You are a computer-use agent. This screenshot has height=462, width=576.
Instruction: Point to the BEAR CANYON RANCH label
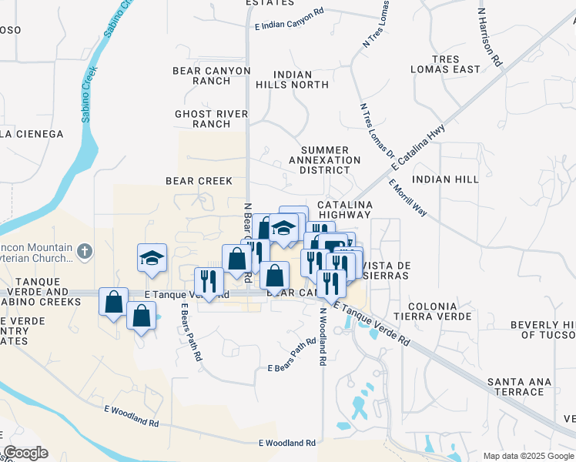212,75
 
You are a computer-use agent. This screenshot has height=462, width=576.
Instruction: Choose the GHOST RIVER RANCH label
212,119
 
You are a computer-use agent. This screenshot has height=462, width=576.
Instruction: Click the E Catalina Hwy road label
418,147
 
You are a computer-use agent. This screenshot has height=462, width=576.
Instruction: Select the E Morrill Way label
408,198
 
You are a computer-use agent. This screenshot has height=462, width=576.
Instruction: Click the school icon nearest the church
152,259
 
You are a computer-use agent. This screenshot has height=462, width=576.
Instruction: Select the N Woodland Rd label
323,335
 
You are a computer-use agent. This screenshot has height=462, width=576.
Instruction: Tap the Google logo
25,454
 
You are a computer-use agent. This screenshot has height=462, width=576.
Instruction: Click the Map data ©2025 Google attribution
528,456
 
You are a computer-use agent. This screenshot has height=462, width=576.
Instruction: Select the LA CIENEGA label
32,133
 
